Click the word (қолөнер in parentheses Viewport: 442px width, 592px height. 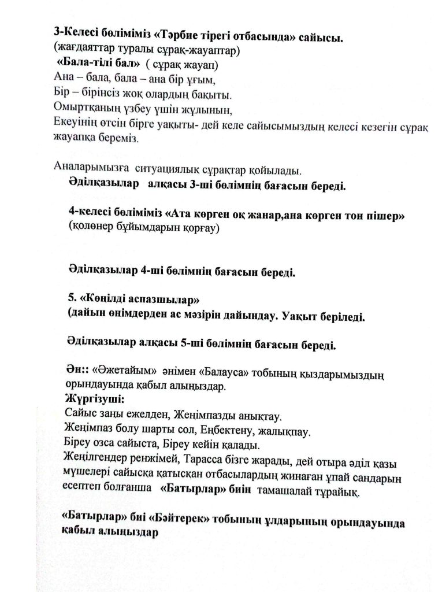pos(92,230)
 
